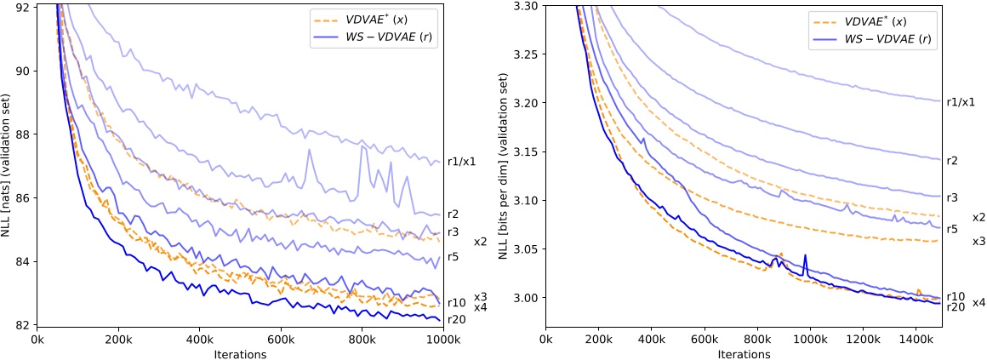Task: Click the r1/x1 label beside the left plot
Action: click(x=461, y=163)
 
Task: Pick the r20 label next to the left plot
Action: click(x=456, y=319)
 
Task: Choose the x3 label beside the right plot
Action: click(x=978, y=242)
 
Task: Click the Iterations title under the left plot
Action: click(x=240, y=352)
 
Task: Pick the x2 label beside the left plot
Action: click(x=481, y=243)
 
